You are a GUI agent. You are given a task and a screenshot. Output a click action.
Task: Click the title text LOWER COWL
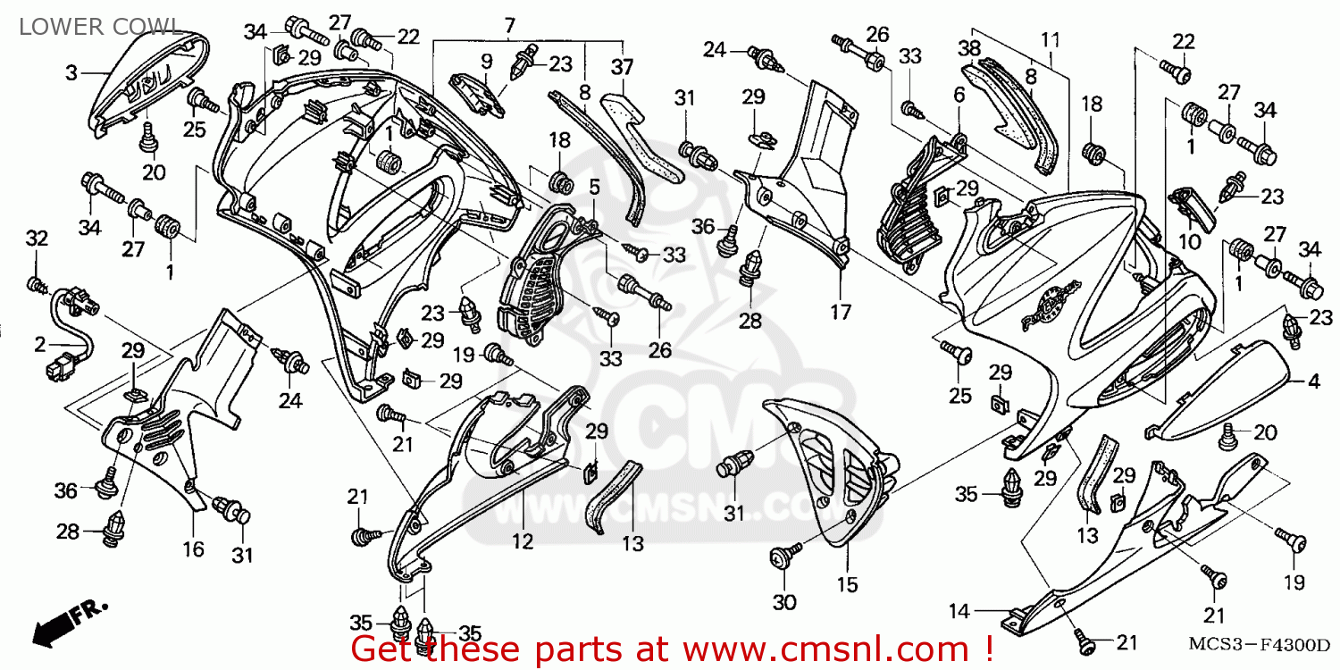pos(88,27)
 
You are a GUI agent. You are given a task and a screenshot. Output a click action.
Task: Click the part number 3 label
pos(71,72)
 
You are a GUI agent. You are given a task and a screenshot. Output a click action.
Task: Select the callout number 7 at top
pos(509,24)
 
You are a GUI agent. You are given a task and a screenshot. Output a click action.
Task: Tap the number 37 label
pos(622,67)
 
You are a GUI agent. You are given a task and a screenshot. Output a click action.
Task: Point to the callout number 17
pos(841,313)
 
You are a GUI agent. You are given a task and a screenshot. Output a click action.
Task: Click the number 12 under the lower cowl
pos(522,540)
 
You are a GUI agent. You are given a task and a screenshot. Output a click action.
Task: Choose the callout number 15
pos(847,585)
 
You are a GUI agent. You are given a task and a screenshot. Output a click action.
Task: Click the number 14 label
pos(959,612)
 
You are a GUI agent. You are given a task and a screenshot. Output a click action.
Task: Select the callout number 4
pos(1313,381)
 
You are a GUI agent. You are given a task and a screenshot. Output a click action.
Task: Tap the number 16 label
pos(194,549)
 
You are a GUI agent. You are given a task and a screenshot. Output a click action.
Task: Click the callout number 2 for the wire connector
pos(40,344)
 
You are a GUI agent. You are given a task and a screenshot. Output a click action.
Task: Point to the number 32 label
pos(35,239)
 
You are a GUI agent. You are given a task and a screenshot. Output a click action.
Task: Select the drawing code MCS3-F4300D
pos(1259,643)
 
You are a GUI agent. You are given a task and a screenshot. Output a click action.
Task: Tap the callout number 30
pos(784,603)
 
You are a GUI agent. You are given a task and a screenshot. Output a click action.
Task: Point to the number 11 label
pos(1050,38)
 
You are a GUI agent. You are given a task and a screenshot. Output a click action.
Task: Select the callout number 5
pos(593,187)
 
